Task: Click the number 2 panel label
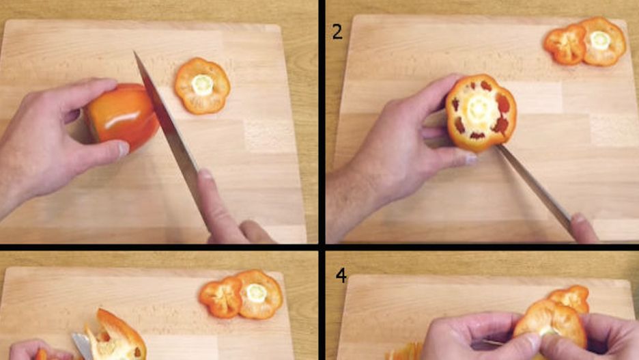click(337, 32)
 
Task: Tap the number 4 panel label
click(341, 275)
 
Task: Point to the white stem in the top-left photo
click(203, 85)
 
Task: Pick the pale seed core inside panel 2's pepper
click(479, 109)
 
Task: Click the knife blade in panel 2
click(535, 186)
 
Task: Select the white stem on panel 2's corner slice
click(600, 40)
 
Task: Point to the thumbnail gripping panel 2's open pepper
click(470, 159)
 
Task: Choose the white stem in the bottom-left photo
click(256, 293)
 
